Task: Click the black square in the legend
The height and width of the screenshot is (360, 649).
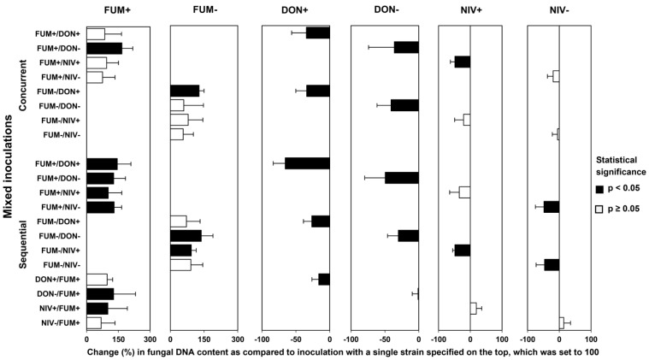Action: [x=600, y=188]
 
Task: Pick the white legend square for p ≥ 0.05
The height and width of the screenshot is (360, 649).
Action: [x=600, y=208]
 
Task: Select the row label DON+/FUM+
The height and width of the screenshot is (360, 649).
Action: [x=57, y=280]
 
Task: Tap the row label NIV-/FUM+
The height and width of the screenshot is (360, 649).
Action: [x=58, y=322]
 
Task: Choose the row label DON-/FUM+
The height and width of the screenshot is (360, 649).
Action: [x=58, y=294]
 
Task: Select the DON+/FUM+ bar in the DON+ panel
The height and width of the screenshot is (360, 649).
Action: [x=324, y=279]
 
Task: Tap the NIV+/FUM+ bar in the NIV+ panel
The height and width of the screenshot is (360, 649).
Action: [x=473, y=308]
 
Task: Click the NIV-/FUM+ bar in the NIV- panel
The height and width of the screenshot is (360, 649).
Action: [x=562, y=322]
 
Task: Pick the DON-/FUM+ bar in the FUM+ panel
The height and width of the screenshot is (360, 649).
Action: [x=100, y=293]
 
